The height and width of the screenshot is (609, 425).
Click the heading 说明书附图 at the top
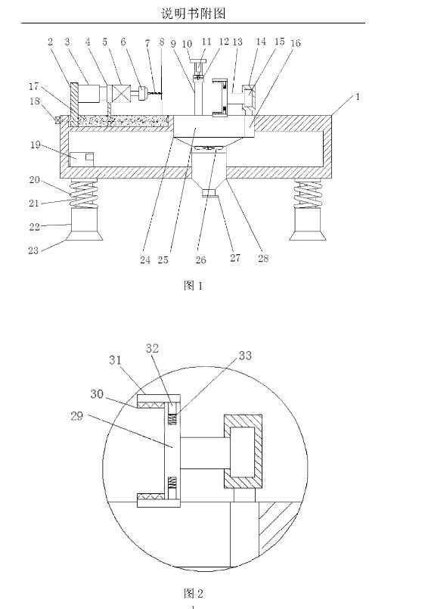click(x=194, y=14)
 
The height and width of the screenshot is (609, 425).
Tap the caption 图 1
click(x=193, y=286)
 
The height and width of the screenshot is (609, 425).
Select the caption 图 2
click(x=193, y=593)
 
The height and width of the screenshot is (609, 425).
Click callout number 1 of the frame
click(x=358, y=97)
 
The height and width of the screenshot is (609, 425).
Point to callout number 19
click(x=36, y=144)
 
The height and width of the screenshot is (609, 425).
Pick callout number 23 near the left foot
click(x=33, y=250)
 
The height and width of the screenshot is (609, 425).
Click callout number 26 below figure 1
click(x=200, y=259)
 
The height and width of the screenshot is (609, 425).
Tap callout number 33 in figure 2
click(x=245, y=356)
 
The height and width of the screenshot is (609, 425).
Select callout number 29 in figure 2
click(x=77, y=416)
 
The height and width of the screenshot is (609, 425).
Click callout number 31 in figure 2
click(x=115, y=360)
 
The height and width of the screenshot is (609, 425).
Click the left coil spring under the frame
click(x=83, y=195)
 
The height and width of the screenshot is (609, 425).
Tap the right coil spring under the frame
click(x=307, y=195)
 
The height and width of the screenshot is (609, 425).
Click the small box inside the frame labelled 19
click(x=90, y=157)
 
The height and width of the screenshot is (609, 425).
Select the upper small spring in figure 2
click(x=172, y=419)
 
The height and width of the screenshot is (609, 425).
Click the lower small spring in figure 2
click(x=172, y=483)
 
